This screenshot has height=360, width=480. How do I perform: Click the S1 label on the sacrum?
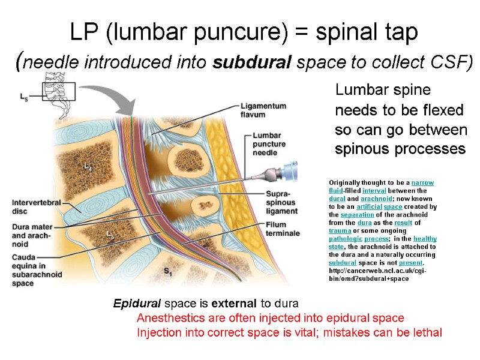tap(169, 271)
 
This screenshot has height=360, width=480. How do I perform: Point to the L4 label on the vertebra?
tap(88, 164)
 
